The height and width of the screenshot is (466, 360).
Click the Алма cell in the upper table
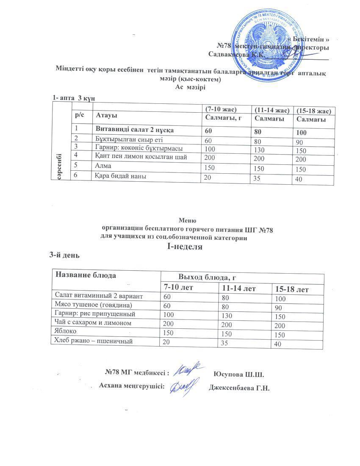click(x=104, y=167)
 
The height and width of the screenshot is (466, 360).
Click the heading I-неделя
click(x=185, y=247)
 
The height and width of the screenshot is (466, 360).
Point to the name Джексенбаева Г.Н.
click(x=239, y=388)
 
